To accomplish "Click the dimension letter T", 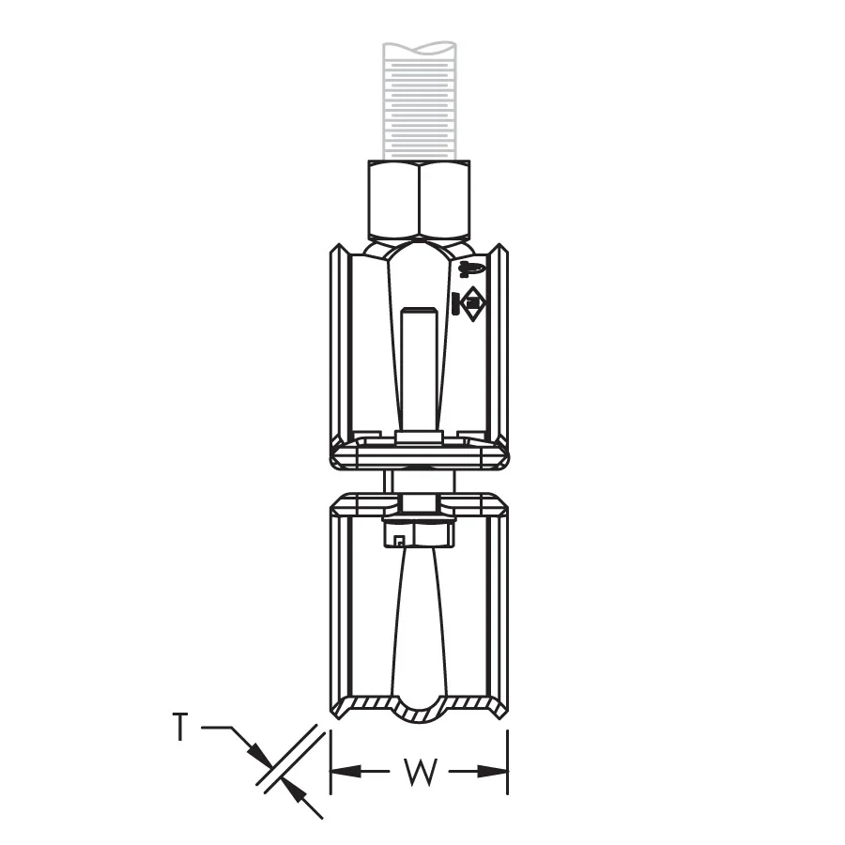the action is click(x=181, y=727).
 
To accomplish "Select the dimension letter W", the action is click(x=420, y=772).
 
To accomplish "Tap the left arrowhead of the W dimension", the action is click(x=346, y=772).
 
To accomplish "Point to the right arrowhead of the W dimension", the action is click(x=493, y=772).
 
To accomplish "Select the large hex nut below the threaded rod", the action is click(x=420, y=199).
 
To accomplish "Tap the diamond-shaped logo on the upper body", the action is click(x=472, y=304).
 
